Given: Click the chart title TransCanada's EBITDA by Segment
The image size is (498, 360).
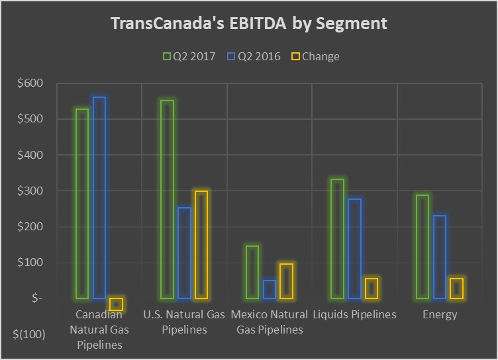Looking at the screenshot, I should [x=249, y=24].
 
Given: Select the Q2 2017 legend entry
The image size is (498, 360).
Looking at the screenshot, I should [x=189, y=56].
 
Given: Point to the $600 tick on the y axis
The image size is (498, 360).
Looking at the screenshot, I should [x=29, y=83].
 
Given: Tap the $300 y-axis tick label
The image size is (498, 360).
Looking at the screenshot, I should [x=29, y=191].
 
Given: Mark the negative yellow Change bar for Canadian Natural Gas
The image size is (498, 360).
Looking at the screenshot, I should [x=117, y=304].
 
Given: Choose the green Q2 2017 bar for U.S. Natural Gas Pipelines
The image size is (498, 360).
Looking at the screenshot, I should [x=167, y=199].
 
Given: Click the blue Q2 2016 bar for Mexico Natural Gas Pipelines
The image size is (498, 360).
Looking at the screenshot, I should [x=269, y=289].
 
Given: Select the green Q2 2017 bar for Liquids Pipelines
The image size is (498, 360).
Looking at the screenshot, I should [x=337, y=239].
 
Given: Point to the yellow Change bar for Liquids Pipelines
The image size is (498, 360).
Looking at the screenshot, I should [x=372, y=288].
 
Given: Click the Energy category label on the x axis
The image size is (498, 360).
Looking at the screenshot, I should [x=440, y=314].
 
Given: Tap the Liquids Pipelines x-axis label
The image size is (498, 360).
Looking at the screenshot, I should [x=354, y=314].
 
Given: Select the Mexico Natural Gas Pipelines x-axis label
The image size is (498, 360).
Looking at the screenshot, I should [x=270, y=322].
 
